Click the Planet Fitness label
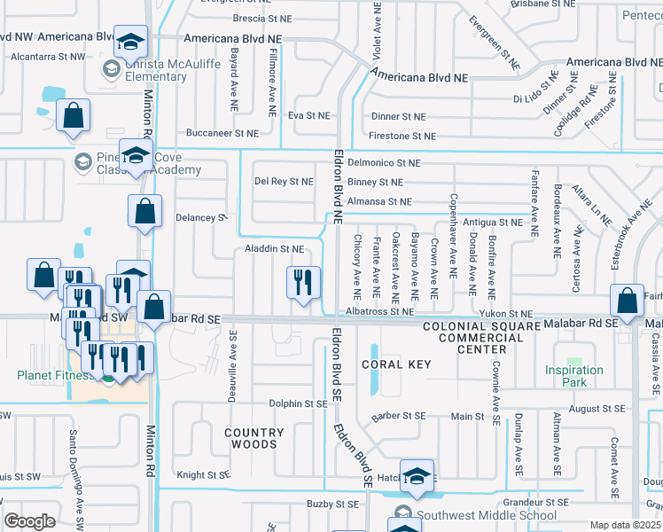53,375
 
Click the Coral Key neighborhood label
394,364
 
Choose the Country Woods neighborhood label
253,439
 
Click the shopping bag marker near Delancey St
144,212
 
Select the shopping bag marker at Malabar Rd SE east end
628,301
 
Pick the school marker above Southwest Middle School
417,477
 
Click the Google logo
29,521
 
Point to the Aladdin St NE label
275,250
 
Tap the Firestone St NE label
403,136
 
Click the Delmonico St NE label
384,163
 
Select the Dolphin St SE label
299,403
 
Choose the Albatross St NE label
380,312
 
